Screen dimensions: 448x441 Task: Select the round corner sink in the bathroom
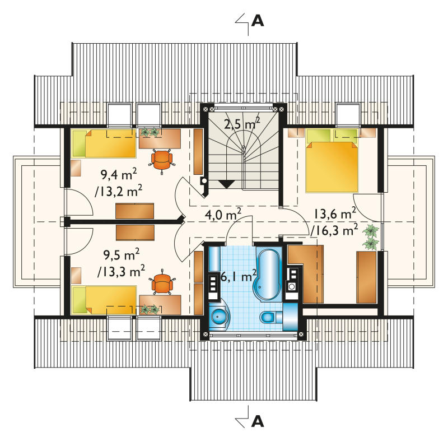click(219, 316)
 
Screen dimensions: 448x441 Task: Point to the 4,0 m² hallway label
click(223, 215)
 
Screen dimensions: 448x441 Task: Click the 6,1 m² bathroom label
click(239, 276)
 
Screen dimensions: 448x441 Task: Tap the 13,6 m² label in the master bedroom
click(335, 213)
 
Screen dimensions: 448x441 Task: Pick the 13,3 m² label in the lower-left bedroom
click(121, 271)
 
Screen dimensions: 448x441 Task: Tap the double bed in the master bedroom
click(332, 161)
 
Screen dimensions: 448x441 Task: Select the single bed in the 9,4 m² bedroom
click(104, 143)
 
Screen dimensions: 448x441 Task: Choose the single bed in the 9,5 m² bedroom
click(104, 300)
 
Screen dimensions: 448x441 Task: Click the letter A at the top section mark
click(258, 21)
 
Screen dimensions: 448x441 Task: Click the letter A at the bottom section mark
click(258, 421)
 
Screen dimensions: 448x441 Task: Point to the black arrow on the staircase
click(227, 184)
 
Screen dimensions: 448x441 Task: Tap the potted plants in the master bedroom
click(371, 236)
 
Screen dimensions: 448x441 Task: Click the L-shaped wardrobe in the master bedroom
click(306, 273)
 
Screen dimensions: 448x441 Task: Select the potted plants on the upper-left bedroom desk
click(150, 132)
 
